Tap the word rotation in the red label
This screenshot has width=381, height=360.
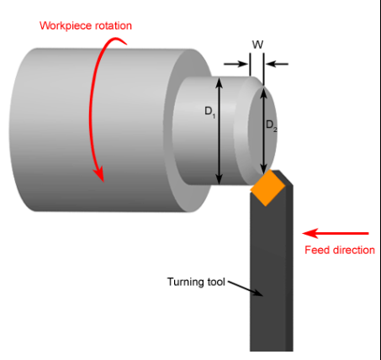tap(114, 26)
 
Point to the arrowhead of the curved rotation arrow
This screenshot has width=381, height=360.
tap(98, 174)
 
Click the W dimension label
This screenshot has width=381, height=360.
tap(257, 45)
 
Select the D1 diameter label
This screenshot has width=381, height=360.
tap(210, 112)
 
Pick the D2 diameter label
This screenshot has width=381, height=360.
tap(272, 125)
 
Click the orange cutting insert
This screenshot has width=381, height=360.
tap(267, 188)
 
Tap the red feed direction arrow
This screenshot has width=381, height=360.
tap(336, 233)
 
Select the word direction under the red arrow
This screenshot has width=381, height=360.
tap(352, 250)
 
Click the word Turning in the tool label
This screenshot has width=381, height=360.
tap(186, 282)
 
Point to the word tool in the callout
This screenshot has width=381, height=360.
tap(216, 282)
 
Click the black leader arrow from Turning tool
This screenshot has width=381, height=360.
tap(246, 289)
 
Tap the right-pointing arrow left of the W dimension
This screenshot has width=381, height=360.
tap(236, 64)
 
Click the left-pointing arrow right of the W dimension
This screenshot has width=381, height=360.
tap(277, 64)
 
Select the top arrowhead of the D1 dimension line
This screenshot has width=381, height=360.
tap(220, 83)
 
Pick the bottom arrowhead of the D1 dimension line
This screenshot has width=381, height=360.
tap(220, 179)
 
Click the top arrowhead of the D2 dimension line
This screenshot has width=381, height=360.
tap(263, 93)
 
